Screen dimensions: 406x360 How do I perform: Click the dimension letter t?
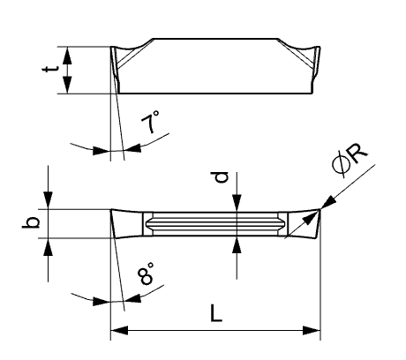point(50,69)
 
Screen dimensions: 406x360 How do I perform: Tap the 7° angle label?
point(151,122)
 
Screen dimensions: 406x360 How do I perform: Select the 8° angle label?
point(147,274)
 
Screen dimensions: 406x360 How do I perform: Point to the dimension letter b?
point(31,222)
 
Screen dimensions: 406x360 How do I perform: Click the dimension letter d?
point(221,177)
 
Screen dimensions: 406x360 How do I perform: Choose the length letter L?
point(216,312)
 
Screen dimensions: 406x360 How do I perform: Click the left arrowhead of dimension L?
point(119,330)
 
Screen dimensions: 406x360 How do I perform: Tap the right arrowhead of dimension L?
point(312,330)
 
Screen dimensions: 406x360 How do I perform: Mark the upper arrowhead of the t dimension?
point(68,56)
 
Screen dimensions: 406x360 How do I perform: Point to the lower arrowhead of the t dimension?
point(68,85)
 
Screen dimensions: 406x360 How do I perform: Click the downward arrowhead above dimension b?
point(48,200)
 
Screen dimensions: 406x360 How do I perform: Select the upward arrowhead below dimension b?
point(48,247)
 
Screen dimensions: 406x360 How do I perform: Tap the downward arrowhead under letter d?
point(237,203)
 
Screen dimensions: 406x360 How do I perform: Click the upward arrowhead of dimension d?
point(237,244)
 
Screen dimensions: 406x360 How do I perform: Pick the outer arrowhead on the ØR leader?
point(328,203)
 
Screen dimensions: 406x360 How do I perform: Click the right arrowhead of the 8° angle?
point(132,299)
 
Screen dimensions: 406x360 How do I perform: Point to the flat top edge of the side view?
point(215,39)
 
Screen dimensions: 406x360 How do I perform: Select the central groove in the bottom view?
point(215,224)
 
